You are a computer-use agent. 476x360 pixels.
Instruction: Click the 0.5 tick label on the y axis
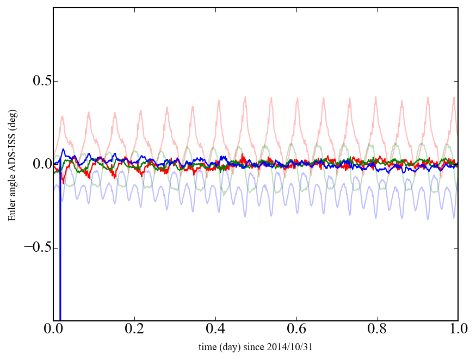click(38, 81)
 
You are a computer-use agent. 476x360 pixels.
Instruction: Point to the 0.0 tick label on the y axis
click(38, 164)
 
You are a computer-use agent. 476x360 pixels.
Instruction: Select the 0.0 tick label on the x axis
click(53, 330)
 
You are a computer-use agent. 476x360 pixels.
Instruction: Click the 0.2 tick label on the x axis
click(134, 330)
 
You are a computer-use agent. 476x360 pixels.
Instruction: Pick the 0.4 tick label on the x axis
click(215, 330)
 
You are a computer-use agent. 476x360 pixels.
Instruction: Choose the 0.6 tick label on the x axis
click(296, 330)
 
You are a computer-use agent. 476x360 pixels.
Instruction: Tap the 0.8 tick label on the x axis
click(377, 330)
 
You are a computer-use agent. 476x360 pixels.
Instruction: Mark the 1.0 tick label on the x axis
click(458, 330)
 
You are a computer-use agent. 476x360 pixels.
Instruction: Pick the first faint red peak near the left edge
click(63, 117)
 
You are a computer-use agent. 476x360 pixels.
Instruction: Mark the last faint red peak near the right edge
click(454, 99)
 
